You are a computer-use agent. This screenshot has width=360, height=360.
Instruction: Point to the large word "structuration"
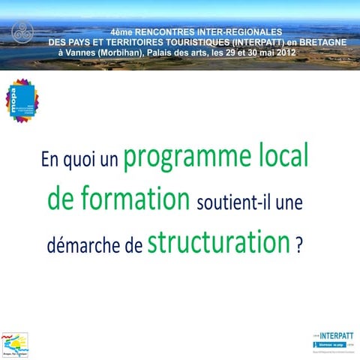point(218,242)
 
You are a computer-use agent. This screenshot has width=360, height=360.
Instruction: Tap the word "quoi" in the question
point(75,160)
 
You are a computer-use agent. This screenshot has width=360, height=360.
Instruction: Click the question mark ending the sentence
point(299,245)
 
